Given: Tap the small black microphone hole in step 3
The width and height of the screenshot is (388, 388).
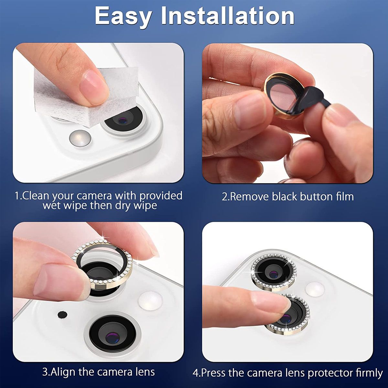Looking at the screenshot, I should (61, 314).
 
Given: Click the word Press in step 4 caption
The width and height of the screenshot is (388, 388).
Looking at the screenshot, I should (213, 373).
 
